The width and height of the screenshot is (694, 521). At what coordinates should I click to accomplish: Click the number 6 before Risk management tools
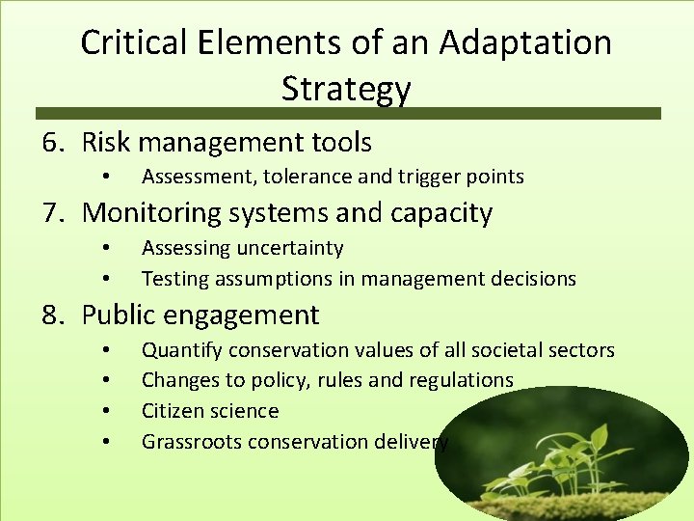(x=50, y=143)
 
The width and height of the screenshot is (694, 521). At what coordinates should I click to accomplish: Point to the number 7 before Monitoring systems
(x=50, y=212)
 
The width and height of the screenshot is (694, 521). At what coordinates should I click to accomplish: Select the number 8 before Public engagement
(x=50, y=315)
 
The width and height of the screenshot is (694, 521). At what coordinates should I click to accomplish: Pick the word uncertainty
(x=288, y=248)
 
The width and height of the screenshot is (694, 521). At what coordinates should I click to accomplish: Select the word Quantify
(x=182, y=350)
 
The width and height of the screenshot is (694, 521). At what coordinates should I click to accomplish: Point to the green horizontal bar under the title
(x=347, y=114)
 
